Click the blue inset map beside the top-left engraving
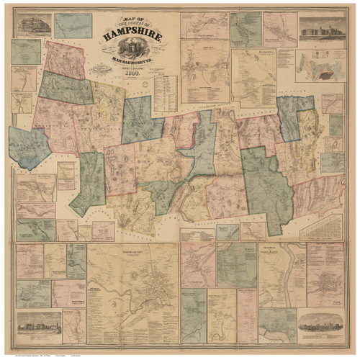pyautogui.click(x=73, y=25)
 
